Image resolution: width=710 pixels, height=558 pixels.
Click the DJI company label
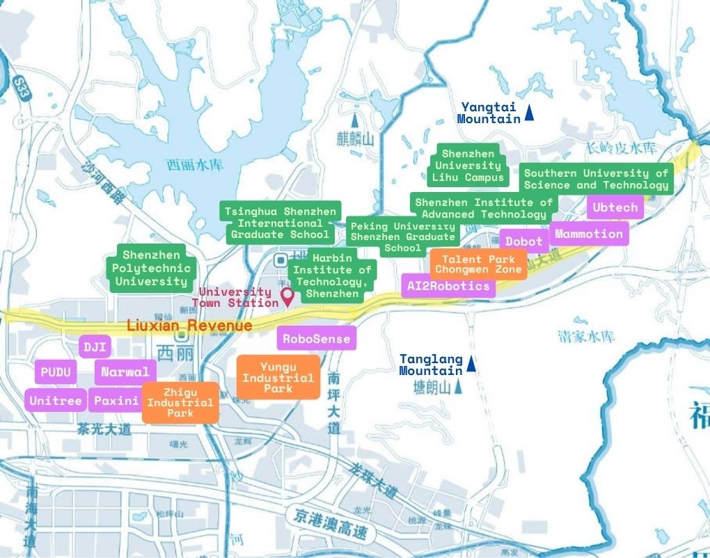pos(94,346)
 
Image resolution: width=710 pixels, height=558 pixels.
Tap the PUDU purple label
pos(56,372)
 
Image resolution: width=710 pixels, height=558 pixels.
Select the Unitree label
pos(56,400)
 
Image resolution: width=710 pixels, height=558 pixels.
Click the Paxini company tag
pos(116,400)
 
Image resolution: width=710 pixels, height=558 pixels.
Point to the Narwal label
pos(125,372)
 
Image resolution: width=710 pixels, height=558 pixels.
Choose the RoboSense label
pos(317,339)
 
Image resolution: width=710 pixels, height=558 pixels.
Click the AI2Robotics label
pos(448,286)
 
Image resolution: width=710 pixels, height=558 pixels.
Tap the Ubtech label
pos(615,207)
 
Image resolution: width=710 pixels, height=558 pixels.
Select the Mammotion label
pos(589,234)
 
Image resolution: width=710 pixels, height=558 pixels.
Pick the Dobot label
pos(523,241)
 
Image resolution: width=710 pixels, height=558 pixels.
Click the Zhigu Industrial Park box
pos(180,403)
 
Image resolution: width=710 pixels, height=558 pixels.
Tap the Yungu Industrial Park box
pos(278,378)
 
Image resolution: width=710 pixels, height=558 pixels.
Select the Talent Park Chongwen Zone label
pos(478,264)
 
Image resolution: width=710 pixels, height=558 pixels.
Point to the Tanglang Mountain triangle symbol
pos(471,363)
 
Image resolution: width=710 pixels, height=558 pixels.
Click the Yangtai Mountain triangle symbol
pos(529,112)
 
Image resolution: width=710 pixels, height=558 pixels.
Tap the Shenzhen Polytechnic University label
pos(151,268)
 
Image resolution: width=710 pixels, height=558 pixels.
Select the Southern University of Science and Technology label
pos(596,179)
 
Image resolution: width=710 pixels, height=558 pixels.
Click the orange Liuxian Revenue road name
pos(189,326)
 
